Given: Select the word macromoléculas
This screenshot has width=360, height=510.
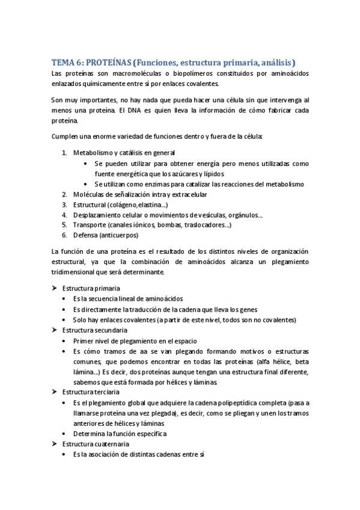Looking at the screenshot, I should pos(129,73).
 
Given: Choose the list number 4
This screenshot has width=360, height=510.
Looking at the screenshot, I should pos(64,215).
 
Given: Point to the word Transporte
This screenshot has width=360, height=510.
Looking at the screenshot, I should pos(89,225).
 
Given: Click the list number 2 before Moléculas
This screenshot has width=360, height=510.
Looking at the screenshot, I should pos(64,194).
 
